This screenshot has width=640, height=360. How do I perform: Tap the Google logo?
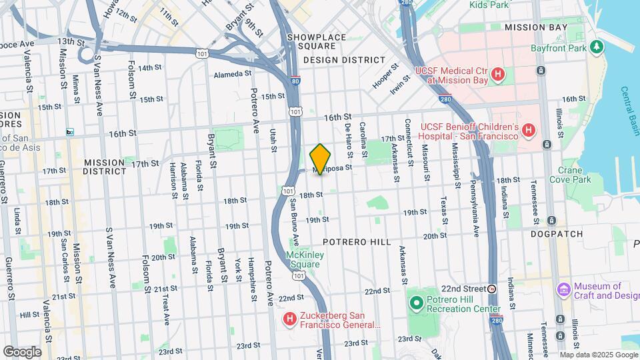click(x=22, y=352)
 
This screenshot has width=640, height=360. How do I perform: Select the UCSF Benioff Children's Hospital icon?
click(x=528, y=131)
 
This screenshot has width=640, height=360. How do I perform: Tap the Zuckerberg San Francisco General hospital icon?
click(x=289, y=320)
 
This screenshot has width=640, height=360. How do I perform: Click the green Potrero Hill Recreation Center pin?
click(x=417, y=304)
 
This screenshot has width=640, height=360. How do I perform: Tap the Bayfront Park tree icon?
click(x=598, y=48)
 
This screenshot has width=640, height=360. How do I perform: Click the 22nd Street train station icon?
click(x=492, y=289)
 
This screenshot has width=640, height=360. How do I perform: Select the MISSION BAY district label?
click(x=536, y=27)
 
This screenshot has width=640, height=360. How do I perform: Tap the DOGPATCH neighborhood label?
click(x=556, y=235)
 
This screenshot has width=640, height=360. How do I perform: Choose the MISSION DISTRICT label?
click(x=104, y=167)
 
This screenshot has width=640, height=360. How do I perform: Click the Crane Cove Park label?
click(x=574, y=175)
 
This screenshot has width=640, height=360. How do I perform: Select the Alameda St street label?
click(x=232, y=75)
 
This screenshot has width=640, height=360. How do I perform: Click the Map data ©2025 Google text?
click(x=599, y=355)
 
